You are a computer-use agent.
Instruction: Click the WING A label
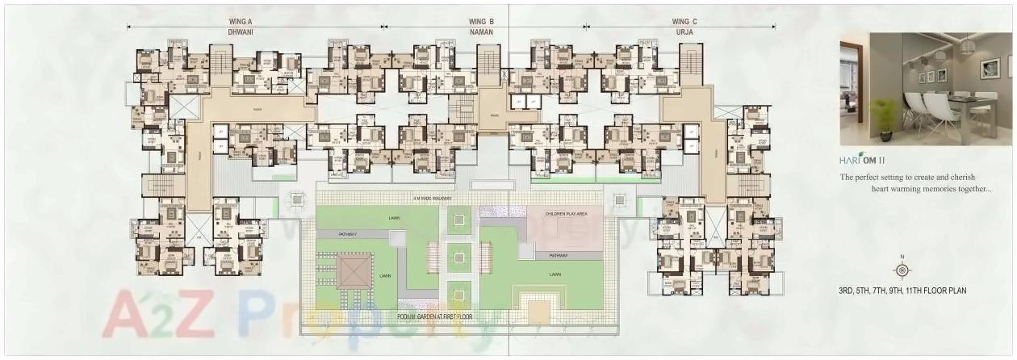click(242, 22)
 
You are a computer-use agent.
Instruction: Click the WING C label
click(684, 22)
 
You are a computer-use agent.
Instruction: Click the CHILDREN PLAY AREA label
click(566, 214)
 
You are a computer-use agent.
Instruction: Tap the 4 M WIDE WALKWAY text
click(432, 198)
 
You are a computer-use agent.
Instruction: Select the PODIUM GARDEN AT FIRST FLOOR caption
click(433, 317)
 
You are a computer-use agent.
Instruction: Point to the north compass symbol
click(902, 269)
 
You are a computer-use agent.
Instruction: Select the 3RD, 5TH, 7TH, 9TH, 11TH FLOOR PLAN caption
click(902, 291)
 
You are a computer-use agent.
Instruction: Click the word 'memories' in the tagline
click(944, 189)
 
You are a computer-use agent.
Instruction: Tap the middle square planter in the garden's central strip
click(458, 257)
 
